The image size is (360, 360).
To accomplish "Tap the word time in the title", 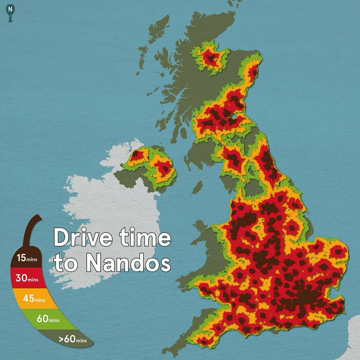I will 143,238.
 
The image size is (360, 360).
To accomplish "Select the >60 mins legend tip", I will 72,339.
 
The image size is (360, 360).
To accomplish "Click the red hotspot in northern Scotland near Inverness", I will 210,58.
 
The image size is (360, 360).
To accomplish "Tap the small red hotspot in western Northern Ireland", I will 137,154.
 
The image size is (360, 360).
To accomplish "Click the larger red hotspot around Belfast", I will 164,167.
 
